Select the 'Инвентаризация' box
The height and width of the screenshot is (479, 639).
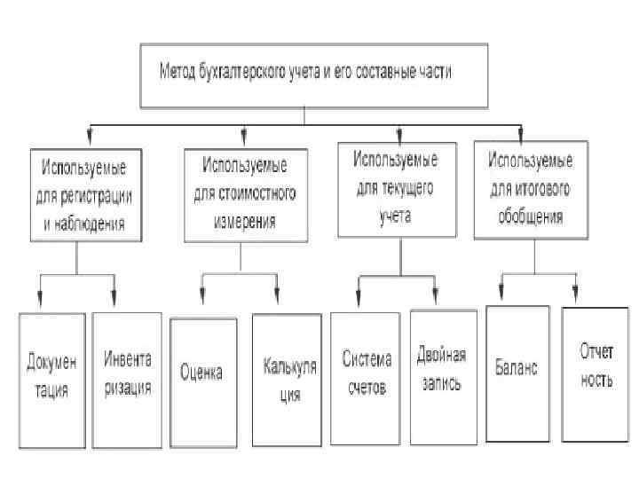127,377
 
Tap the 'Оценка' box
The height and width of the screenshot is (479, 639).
203,373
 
